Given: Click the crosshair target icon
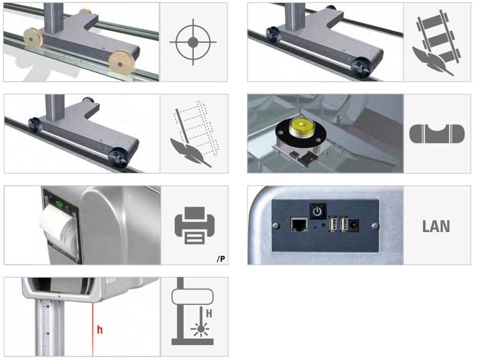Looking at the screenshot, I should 193,43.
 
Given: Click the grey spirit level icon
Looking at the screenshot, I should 437,134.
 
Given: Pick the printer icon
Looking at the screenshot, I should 193,226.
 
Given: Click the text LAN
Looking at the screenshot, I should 437,226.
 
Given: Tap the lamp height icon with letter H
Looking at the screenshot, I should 193,316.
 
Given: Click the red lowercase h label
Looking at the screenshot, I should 99,330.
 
